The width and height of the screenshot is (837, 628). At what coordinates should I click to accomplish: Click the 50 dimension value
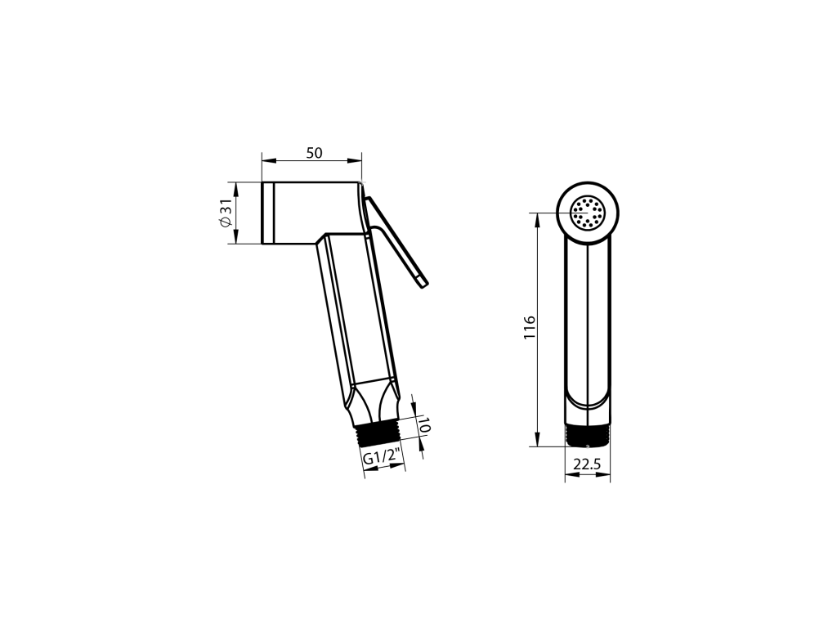[315, 153]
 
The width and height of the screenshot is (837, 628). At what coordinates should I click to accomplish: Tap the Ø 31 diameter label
[226, 213]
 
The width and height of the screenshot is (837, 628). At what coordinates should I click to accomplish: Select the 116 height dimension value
[529, 327]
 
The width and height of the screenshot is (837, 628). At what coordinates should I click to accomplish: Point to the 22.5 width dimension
[587, 464]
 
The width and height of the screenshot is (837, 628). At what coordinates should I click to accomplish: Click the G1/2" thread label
[383, 458]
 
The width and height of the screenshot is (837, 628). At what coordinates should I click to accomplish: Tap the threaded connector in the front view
[587, 436]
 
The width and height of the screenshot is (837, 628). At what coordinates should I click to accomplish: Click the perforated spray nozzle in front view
[588, 213]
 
